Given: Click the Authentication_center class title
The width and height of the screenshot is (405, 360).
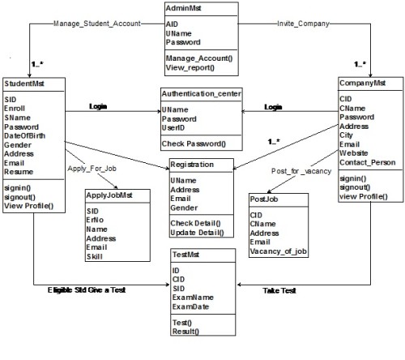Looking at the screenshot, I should point(201,94).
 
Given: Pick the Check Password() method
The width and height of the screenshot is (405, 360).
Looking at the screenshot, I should point(194,144).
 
